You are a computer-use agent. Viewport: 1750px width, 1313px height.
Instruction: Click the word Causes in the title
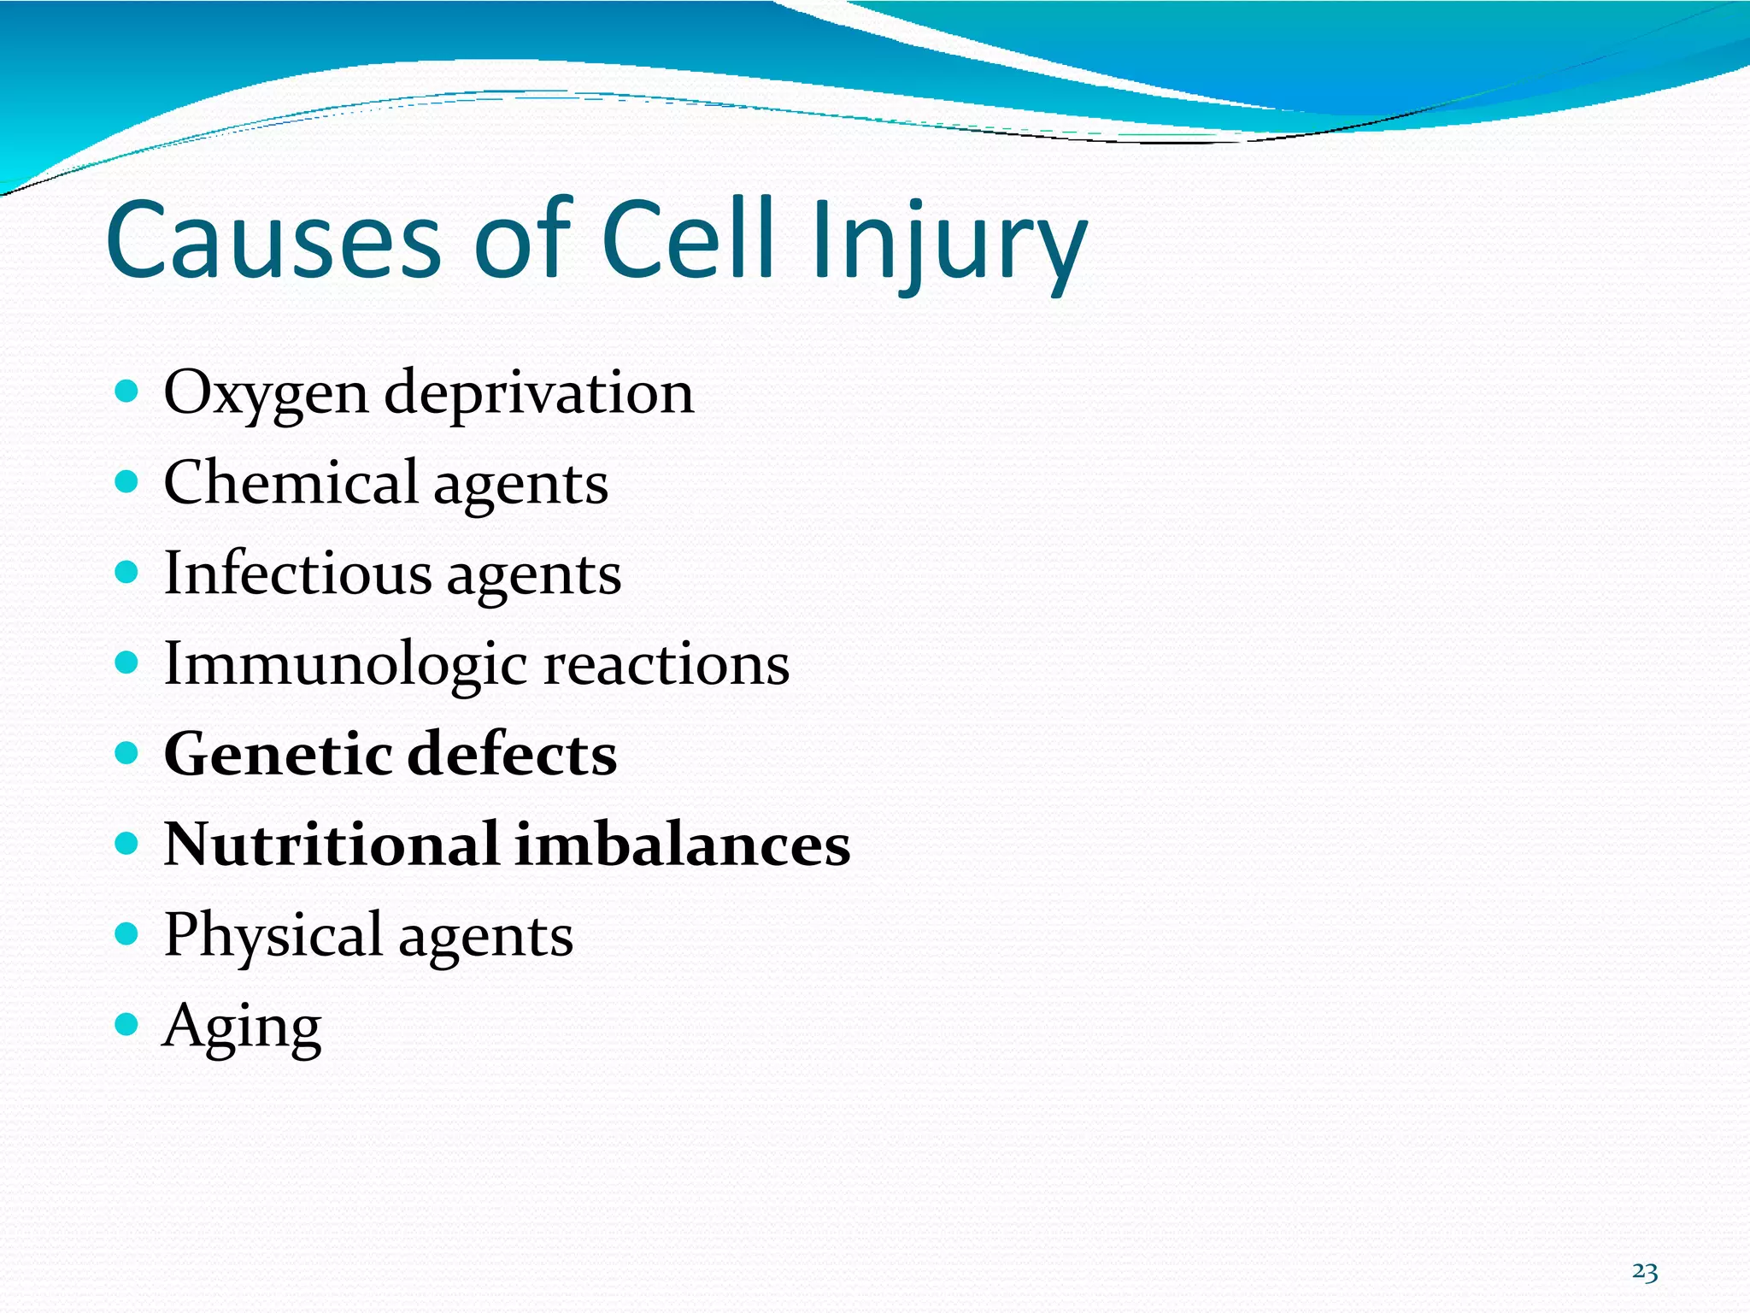[273, 240]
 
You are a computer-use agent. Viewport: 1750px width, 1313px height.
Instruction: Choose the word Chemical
[291, 482]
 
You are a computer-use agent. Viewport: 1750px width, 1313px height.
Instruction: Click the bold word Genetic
[278, 754]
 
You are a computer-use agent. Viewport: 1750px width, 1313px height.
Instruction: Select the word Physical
[273, 936]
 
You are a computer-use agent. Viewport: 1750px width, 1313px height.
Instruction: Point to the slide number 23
[1644, 1272]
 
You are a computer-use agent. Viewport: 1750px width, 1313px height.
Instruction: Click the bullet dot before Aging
[126, 1024]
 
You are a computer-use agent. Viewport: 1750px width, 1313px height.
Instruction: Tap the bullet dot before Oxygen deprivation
[126, 392]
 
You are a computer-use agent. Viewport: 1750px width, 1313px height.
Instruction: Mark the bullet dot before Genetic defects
[126, 753]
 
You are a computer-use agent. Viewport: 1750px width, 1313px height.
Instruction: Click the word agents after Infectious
[533, 575]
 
